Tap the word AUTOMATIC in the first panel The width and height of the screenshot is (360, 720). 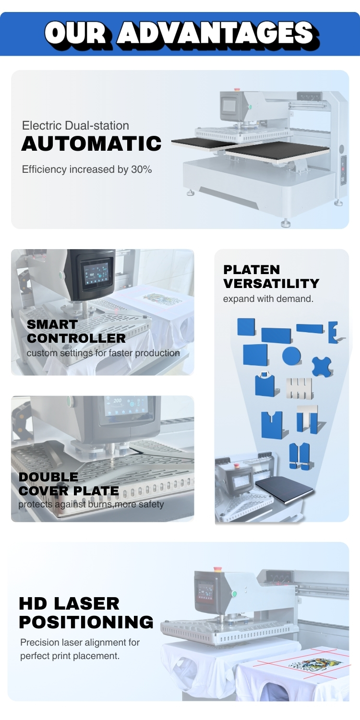point(91,144)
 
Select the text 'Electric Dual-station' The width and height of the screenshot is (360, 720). point(75,126)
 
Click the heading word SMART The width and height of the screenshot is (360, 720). point(52,325)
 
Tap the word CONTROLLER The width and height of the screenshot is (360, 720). point(76,338)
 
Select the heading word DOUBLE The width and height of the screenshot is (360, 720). point(48,477)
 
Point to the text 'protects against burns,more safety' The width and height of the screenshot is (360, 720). point(91,504)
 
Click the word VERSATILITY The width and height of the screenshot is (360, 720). point(271,284)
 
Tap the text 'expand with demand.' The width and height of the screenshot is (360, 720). point(268,299)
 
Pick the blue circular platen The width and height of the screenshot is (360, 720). point(291,356)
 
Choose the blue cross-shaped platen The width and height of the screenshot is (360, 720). point(321,366)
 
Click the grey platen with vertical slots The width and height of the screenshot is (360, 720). point(300,388)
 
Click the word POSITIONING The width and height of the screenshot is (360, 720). point(86,622)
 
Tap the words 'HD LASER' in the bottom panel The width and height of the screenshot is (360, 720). point(69,604)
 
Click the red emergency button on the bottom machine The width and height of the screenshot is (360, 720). point(217,569)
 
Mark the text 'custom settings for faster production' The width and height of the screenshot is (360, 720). point(103,353)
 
